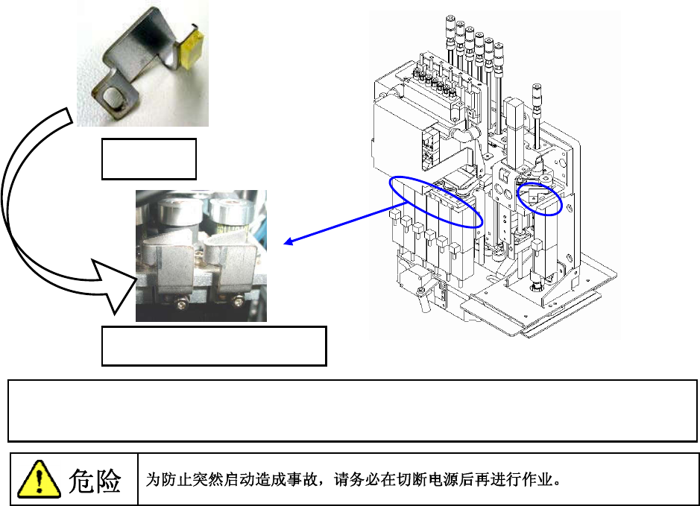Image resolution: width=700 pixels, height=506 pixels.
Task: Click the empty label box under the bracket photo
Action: [149, 158]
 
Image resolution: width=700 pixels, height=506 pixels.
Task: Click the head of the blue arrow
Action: [288, 241]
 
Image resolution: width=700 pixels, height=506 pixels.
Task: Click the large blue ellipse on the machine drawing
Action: [435, 202]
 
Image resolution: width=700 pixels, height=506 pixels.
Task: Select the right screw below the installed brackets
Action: [236, 300]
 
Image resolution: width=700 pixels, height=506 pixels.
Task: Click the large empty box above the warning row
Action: [352, 410]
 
